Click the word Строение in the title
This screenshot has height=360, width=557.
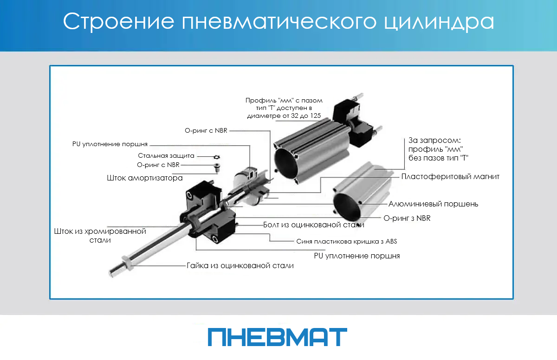tap(119, 22)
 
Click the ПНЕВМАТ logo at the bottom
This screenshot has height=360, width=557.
tap(278, 337)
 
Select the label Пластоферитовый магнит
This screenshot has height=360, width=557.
tap(450, 177)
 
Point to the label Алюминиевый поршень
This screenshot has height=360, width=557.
tap(433, 204)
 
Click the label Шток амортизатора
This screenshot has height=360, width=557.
tap(145, 178)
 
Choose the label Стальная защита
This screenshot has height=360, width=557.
tap(166, 156)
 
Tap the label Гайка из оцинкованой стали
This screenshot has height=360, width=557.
tap(240, 265)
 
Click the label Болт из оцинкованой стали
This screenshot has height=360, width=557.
tap(314, 225)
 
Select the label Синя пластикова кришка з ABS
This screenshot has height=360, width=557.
tap(347, 242)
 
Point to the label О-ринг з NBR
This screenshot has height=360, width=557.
tap(407, 218)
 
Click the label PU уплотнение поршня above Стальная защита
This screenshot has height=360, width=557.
tap(110, 144)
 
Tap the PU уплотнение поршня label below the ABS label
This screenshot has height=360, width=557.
tap(357, 256)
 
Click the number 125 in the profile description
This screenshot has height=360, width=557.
tap(316, 116)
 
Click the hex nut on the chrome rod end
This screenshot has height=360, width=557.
tap(127, 264)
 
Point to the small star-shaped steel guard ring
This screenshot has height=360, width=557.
tap(217, 157)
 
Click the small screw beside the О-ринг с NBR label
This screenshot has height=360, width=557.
tap(217, 167)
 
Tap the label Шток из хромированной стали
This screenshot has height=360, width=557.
tap(100, 236)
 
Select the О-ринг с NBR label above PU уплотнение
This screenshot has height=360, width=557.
tap(206, 131)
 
